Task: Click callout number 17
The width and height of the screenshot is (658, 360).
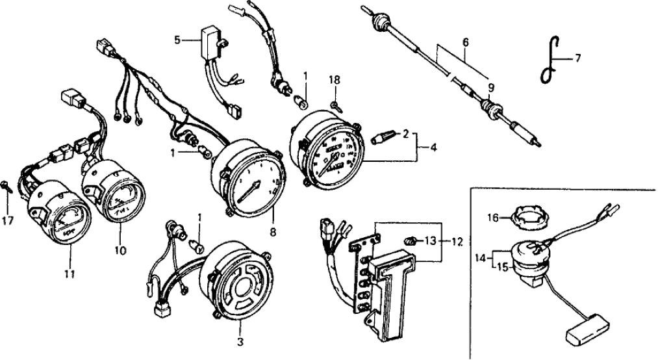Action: pos(7,221)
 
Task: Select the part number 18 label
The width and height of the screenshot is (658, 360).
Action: pos(335,81)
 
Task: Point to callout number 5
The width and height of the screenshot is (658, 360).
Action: pos(177,40)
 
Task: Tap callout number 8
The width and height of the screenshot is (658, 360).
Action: pos(273,231)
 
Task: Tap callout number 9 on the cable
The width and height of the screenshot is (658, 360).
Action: pos(491,87)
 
